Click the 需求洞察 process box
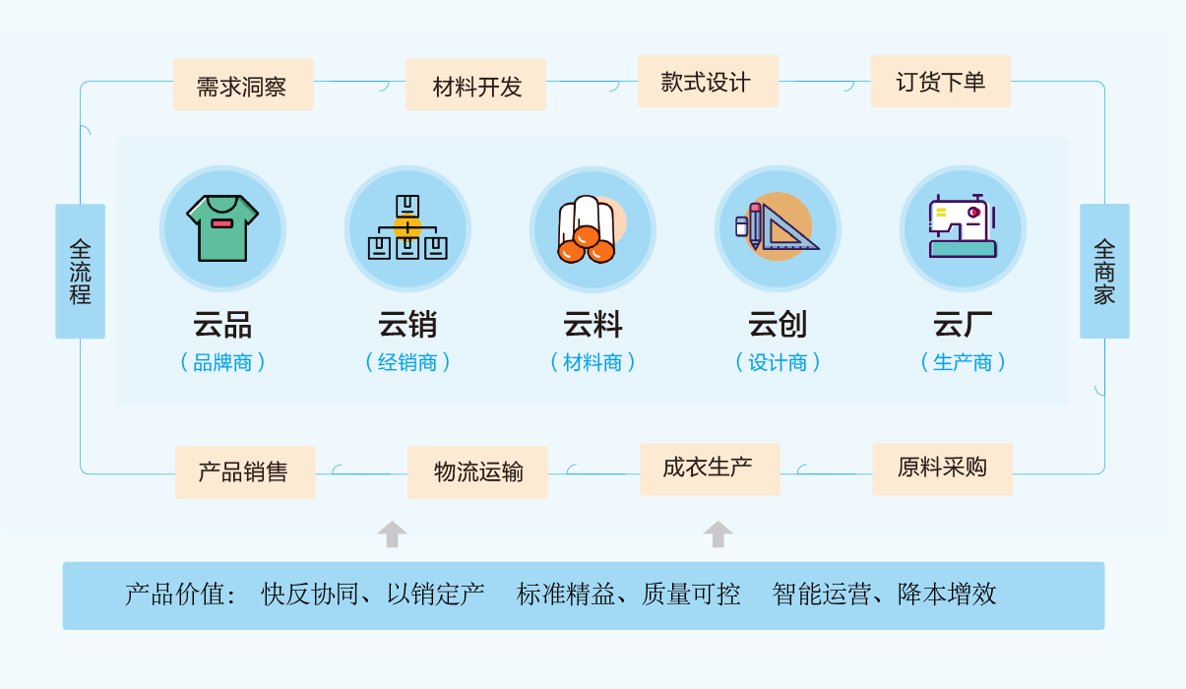click(x=243, y=85)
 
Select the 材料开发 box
click(x=475, y=85)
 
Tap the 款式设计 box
click(x=708, y=82)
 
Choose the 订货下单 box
click(x=941, y=82)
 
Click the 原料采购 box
click(x=943, y=470)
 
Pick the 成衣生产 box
click(x=710, y=470)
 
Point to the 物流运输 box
click(x=477, y=472)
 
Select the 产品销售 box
click(x=245, y=472)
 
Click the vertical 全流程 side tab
click(x=81, y=271)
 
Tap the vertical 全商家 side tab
click(x=1105, y=271)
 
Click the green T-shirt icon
click(x=222, y=228)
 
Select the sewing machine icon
click(x=964, y=226)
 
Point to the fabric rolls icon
click(x=592, y=229)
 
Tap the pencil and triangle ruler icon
click(x=778, y=226)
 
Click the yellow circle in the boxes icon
click(x=407, y=228)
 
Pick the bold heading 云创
click(x=778, y=324)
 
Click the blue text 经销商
click(x=407, y=363)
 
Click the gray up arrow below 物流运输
click(x=393, y=533)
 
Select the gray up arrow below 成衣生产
click(x=718, y=533)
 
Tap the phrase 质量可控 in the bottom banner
click(x=691, y=595)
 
